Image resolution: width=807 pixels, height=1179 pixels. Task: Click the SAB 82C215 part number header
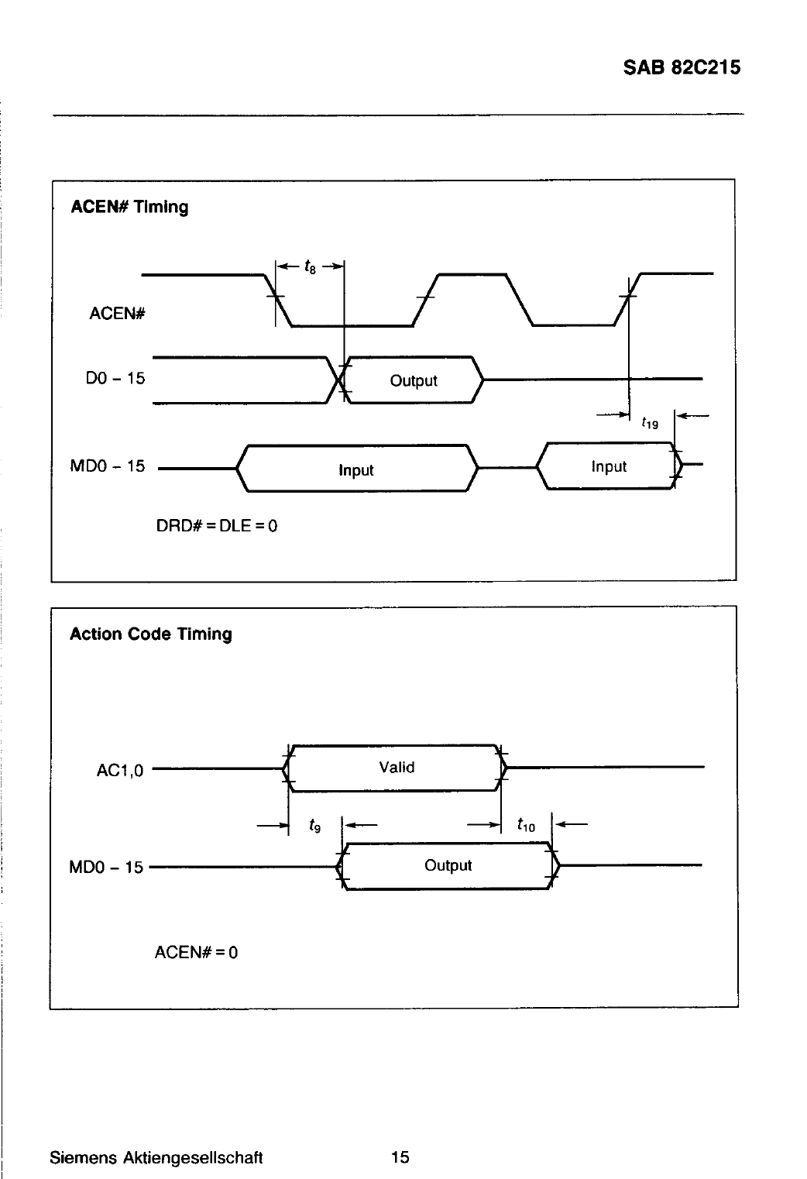pyautogui.click(x=682, y=67)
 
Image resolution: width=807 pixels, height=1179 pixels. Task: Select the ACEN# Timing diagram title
pyautogui.click(x=129, y=207)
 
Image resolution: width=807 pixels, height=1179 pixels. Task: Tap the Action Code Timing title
pyautogui.click(x=151, y=634)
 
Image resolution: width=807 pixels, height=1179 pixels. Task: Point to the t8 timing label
pyautogui.click(x=310, y=266)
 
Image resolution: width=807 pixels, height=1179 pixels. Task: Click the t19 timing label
pyautogui.click(x=650, y=422)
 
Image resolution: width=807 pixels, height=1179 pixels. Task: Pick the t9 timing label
pyautogui.click(x=314, y=825)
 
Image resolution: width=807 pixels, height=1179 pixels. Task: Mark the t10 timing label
pyautogui.click(x=526, y=824)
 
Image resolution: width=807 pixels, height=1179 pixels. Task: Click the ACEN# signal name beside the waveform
pyautogui.click(x=117, y=314)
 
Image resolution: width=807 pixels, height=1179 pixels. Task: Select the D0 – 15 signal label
pyautogui.click(x=115, y=379)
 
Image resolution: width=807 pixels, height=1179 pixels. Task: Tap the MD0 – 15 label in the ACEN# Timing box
pyautogui.click(x=108, y=466)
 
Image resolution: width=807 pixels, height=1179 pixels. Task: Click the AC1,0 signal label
pyautogui.click(x=120, y=771)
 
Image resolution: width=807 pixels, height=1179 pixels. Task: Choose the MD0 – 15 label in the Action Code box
pyautogui.click(x=106, y=867)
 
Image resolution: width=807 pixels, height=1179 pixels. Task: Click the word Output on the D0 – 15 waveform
pyautogui.click(x=414, y=380)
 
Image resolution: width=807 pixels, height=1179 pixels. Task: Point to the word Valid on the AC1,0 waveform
pyautogui.click(x=397, y=767)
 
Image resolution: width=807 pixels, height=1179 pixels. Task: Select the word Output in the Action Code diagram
pyautogui.click(x=448, y=865)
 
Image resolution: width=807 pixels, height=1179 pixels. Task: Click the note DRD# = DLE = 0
pyautogui.click(x=217, y=526)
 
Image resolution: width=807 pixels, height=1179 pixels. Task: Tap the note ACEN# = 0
pyautogui.click(x=196, y=952)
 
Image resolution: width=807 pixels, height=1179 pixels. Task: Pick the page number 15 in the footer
pyautogui.click(x=400, y=1157)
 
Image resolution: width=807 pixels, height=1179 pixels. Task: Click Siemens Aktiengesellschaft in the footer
pyautogui.click(x=156, y=1157)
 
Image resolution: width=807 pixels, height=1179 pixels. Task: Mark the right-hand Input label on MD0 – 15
pyautogui.click(x=609, y=467)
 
